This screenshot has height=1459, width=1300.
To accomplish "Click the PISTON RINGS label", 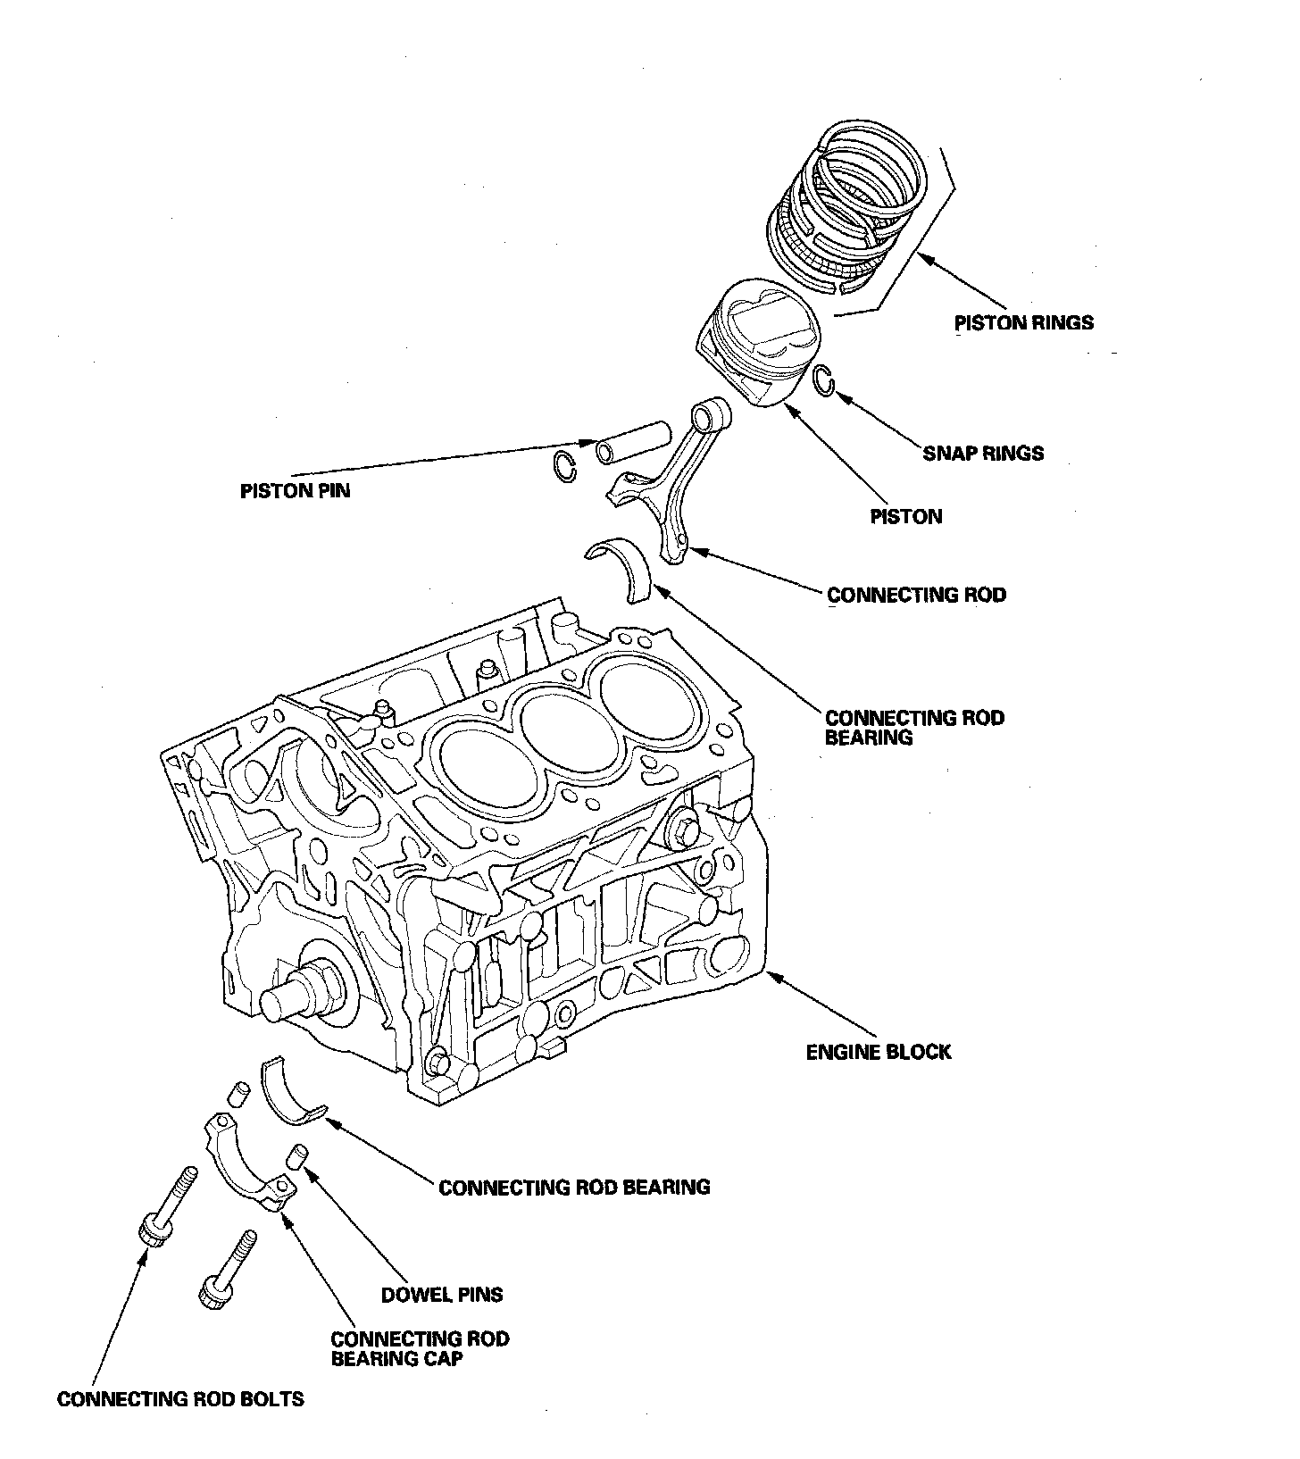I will [1024, 322].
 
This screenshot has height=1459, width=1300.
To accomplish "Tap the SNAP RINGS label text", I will [983, 453].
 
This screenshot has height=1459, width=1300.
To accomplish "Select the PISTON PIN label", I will [295, 490].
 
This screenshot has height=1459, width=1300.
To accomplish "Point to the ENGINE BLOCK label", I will [879, 1052].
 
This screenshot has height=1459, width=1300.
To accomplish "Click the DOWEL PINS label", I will [442, 1294].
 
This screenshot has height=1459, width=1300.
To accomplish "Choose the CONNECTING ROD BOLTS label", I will [180, 1398].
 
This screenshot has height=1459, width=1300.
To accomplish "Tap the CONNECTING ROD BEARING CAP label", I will [420, 1349].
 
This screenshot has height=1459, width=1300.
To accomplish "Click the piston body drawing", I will [757, 344].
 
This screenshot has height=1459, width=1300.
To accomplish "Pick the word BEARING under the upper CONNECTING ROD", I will [869, 738].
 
